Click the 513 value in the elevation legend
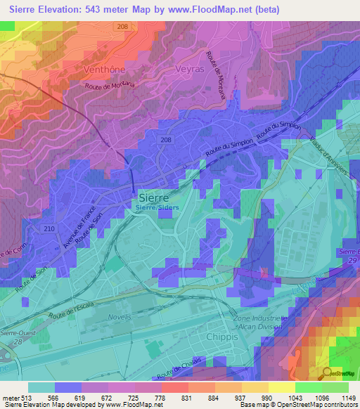(27, 398)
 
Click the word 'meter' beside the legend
(9, 398)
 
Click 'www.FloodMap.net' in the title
(205, 10)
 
